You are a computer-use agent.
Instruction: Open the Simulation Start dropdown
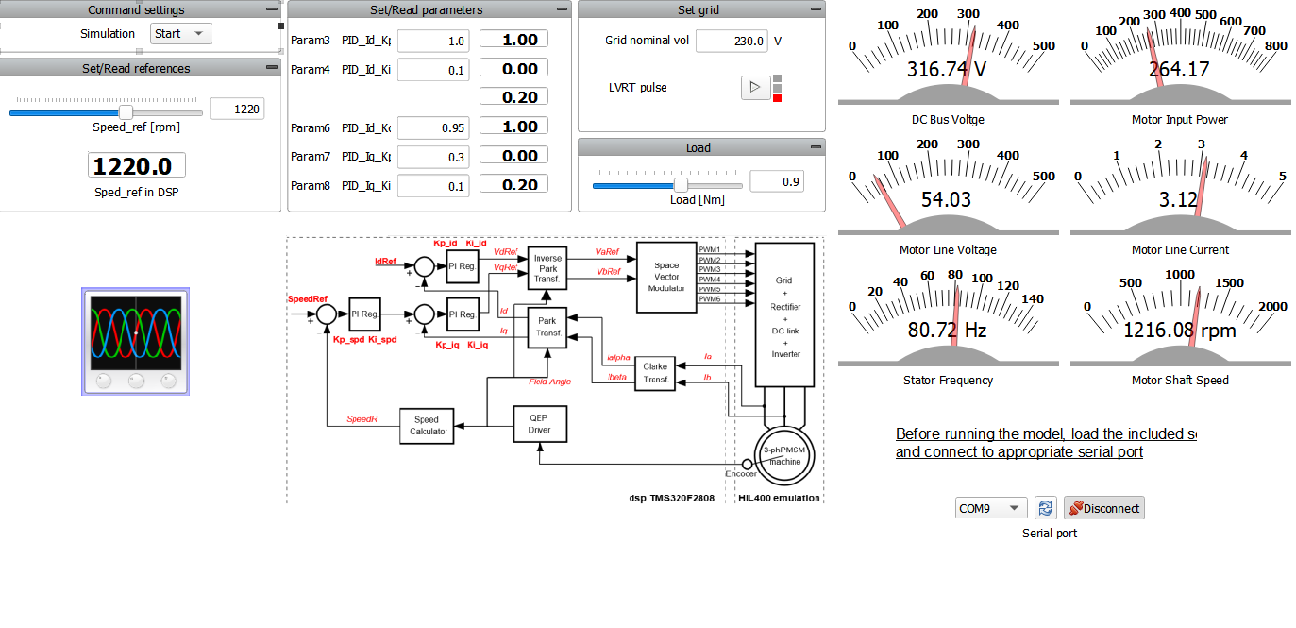[181, 34]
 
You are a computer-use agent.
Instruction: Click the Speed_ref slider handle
[126, 112]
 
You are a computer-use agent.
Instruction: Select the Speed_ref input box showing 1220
[237, 110]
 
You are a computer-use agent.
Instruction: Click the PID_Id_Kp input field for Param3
[432, 42]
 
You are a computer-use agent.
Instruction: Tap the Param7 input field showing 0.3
[432, 157]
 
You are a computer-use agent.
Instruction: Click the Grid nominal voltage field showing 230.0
[731, 42]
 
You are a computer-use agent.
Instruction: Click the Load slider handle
[681, 185]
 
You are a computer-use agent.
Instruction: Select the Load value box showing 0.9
[776, 181]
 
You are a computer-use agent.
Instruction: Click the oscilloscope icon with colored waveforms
[136, 342]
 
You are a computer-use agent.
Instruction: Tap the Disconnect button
[1103, 508]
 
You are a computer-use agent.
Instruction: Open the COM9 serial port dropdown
[990, 508]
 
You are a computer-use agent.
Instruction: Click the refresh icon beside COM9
[1045, 508]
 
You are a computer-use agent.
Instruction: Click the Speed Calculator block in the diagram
[427, 426]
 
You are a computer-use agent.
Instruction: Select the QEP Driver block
[539, 425]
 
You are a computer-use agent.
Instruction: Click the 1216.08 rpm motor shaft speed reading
[1179, 331]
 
